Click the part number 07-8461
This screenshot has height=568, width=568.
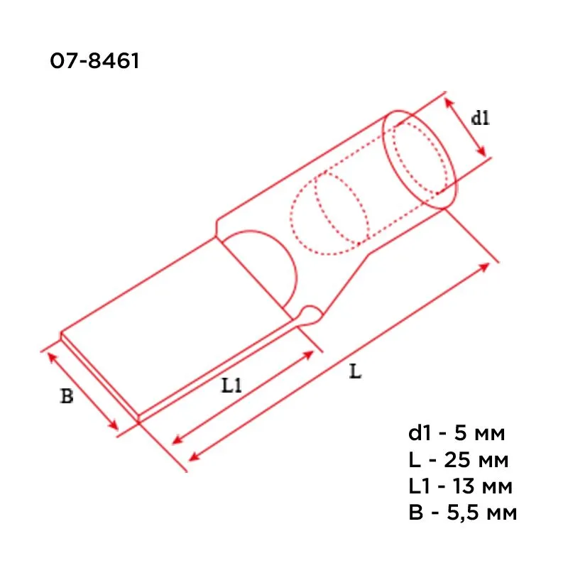point(94,62)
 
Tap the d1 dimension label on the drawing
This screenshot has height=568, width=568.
point(481,118)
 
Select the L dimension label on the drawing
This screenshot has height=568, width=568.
point(355,371)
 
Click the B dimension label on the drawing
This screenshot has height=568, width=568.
point(66,396)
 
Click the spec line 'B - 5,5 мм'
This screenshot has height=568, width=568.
point(462,513)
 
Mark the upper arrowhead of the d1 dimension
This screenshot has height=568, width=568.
point(449,102)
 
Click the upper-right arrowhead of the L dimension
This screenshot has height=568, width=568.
point(486,265)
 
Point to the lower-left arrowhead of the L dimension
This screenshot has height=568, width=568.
point(192,455)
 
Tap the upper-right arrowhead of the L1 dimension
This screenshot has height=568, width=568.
point(310,353)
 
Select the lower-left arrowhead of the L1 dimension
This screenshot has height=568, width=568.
point(177,439)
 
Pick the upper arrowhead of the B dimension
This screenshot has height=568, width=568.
point(50,354)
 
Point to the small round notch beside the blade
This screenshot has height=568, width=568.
point(310,312)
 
